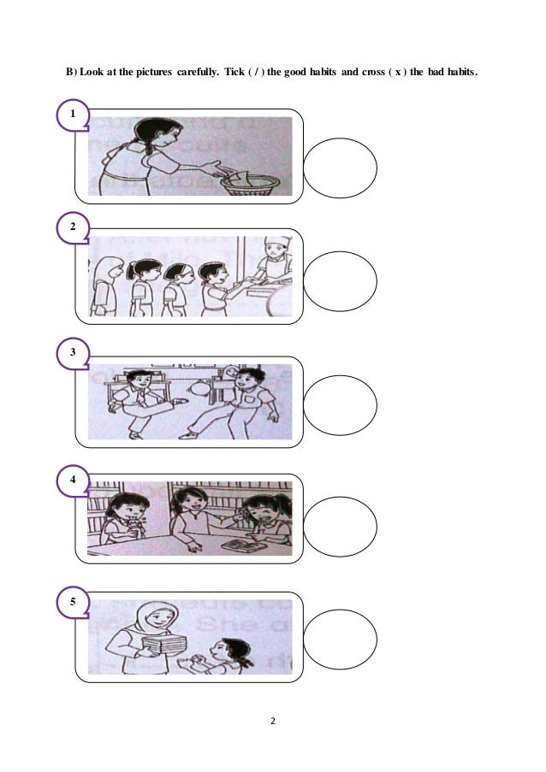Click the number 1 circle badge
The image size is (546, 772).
click(74, 114)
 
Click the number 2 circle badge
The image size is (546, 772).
click(74, 227)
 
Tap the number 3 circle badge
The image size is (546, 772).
click(74, 351)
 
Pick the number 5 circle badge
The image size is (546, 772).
click(74, 601)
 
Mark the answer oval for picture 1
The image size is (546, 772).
click(340, 168)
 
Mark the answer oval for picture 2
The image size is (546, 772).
click(340, 280)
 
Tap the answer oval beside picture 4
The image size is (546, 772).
click(340, 523)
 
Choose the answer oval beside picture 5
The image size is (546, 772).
click(340, 639)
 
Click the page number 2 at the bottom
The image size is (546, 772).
click(272, 722)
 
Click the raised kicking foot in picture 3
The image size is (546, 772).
click(178, 399)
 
